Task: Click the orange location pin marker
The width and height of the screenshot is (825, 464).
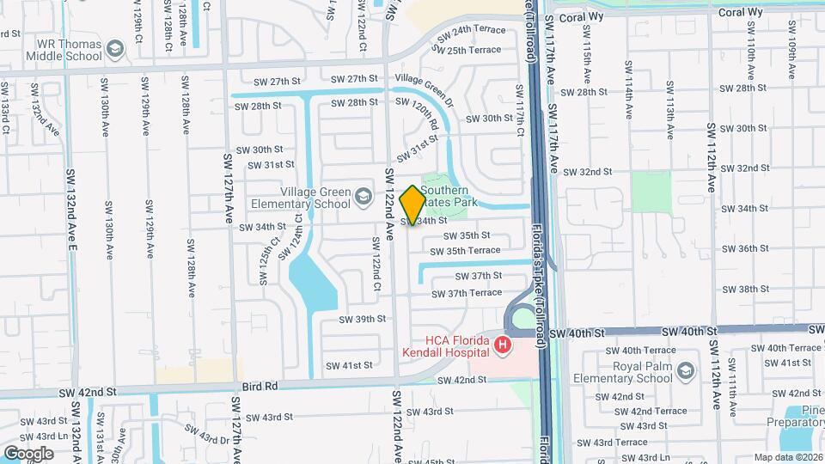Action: pyautogui.click(x=412, y=205)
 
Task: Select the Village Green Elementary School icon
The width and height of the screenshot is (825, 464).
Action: pyautogui.click(x=364, y=198)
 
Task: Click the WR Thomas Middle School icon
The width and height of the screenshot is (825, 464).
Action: pyautogui.click(x=114, y=51)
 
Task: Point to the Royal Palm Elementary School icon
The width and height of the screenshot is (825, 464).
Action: pyautogui.click(x=685, y=371)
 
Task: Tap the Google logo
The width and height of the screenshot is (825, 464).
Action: pyautogui.click(x=28, y=453)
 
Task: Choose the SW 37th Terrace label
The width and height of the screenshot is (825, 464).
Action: pyautogui.click(x=467, y=293)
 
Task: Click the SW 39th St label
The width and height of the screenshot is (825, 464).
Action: pyautogui.click(x=362, y=319)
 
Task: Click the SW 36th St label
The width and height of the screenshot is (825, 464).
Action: pyautogui.click(x=745, y=248)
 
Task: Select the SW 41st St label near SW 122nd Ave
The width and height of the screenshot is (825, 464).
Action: pyautogui.click(x=348, y=365)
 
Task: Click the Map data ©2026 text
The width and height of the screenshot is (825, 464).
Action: pyautogui.click(x=789, y=457)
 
